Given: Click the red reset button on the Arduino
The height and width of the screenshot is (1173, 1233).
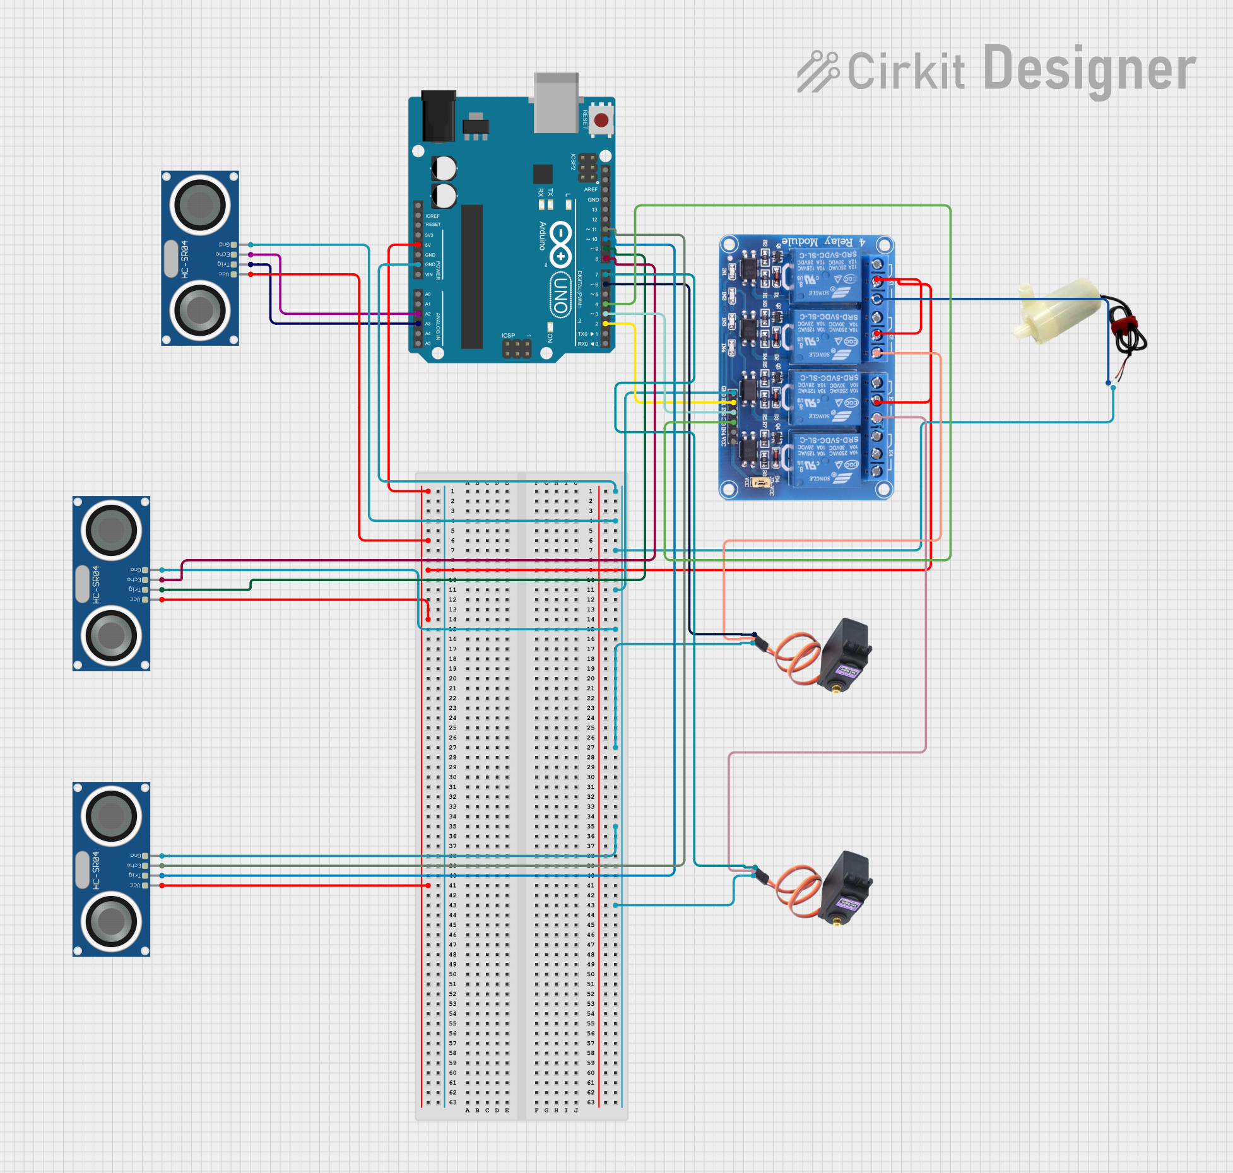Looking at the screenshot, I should pos(601,120).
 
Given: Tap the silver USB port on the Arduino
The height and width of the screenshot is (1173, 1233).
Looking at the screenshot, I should pos(555,102).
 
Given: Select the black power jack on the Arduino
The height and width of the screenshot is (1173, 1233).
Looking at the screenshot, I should pos(438,116).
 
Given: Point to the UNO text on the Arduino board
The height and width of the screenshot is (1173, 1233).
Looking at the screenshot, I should pos(560,294).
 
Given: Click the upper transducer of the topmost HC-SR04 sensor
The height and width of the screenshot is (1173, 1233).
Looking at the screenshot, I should pos(200,204).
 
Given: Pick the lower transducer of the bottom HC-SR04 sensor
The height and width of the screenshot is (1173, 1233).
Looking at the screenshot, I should pos(111,921).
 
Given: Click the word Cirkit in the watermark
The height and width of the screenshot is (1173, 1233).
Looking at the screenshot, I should pos(906,71).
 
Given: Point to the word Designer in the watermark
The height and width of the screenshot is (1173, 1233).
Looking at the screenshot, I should pos(1089,69).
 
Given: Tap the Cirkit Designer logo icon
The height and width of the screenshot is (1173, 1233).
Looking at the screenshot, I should pos(817,71).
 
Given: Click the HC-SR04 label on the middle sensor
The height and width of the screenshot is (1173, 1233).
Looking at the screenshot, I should pos(96,584).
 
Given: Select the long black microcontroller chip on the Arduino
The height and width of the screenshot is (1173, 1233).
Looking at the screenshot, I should pos(471,276).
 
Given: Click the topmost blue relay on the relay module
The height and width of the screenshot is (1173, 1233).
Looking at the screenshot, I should pos(825,276).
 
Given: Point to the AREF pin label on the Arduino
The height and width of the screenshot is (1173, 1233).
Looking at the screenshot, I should pos(591,189).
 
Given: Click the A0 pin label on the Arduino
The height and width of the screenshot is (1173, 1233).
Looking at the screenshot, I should pos(428,294).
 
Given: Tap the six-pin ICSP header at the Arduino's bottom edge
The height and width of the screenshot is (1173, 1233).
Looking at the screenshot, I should pos(516,348).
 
